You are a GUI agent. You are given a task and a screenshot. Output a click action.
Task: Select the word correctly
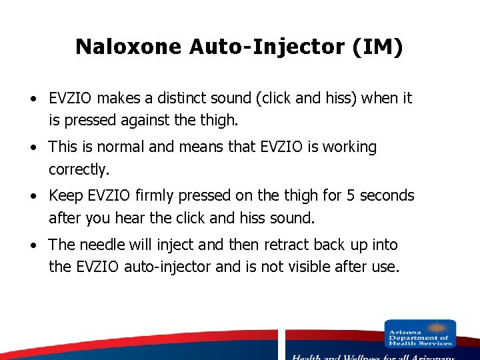tap(78, 169)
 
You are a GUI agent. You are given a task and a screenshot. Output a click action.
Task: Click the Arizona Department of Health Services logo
tap(420, 334)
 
